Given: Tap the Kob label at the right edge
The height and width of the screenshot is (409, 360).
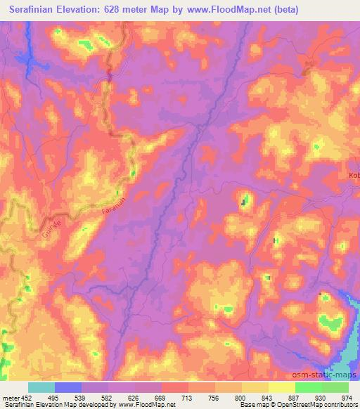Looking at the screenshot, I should (353, 175).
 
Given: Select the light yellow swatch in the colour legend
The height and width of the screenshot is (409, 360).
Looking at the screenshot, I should (282, 387).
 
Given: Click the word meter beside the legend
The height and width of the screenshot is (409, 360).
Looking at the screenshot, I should (11, 397).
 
